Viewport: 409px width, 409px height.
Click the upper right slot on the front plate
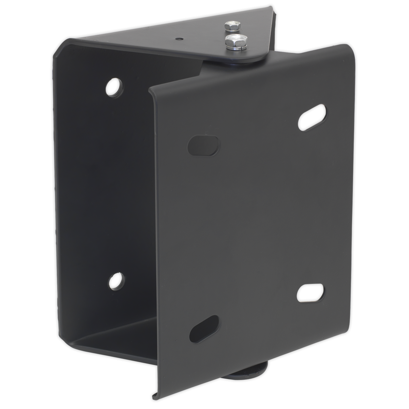[312, 117]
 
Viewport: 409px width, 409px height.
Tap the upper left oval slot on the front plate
[203, 145]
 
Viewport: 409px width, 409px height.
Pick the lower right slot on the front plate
[310, 292]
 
